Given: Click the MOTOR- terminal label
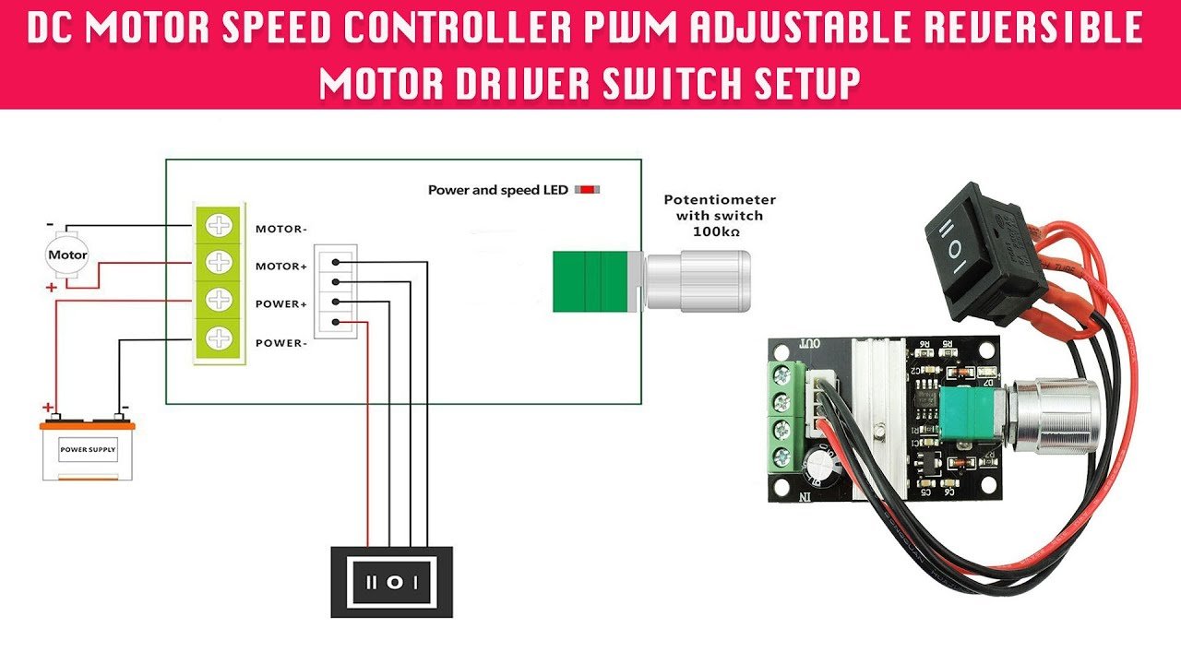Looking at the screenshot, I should (281, 229).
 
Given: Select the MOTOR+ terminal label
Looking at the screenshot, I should (281, 267).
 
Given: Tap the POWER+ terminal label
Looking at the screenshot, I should (281, 304).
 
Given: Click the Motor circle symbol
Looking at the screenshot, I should (67, 255).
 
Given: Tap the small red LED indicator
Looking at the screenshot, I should (586, 190).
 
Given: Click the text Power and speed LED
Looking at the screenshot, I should (497, 190).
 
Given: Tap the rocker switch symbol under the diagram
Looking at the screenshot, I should (392, 582).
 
